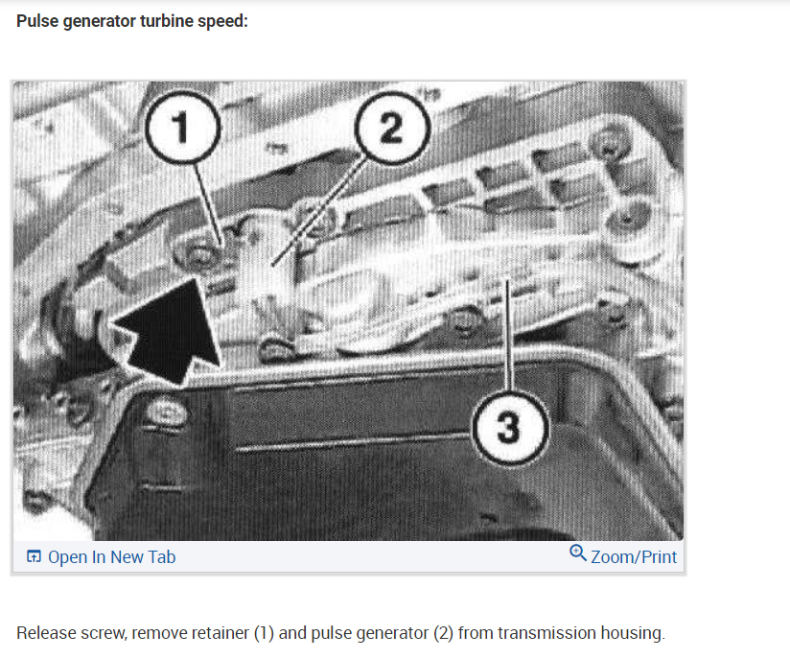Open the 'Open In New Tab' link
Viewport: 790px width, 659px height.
111,557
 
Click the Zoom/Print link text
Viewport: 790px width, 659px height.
634,557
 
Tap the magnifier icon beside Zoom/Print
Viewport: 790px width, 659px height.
577,553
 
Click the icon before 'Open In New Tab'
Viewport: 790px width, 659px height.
34,557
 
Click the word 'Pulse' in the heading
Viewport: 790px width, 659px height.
38,20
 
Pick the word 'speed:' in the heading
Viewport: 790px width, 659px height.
224,20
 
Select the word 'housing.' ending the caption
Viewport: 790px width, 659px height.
633,633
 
